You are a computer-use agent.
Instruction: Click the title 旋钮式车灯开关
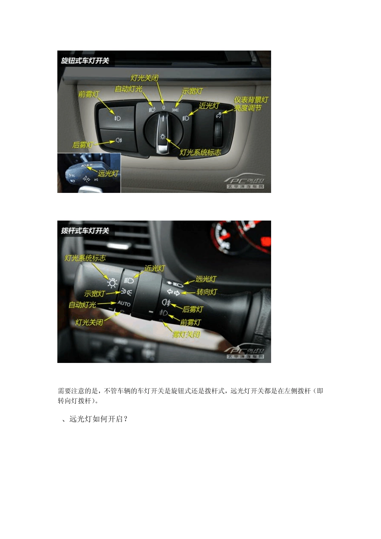click(85, 61)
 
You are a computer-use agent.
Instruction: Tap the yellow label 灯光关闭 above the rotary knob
click(144, 78)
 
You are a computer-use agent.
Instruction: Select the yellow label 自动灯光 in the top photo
click(128, 89)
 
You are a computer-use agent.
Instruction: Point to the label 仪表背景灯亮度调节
click(251, 104)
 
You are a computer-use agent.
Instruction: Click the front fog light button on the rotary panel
click(117, 118)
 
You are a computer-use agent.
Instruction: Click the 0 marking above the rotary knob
click(164, 107)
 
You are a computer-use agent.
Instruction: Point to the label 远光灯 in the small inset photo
click(108, 174)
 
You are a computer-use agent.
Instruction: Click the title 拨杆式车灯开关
click(85, 231)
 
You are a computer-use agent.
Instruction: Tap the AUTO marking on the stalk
click(124, 304)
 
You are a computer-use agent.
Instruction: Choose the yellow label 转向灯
click(207, 292)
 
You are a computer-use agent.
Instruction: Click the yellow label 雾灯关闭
click(186, 334)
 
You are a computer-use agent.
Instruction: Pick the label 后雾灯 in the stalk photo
click(193, 309)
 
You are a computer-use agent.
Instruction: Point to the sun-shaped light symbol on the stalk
click(112, 283)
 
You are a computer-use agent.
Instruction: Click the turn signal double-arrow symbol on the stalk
click(173, 292)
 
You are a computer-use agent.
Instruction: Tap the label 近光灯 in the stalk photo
click(154, 268)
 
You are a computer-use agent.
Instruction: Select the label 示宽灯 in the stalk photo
click(95, 294)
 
